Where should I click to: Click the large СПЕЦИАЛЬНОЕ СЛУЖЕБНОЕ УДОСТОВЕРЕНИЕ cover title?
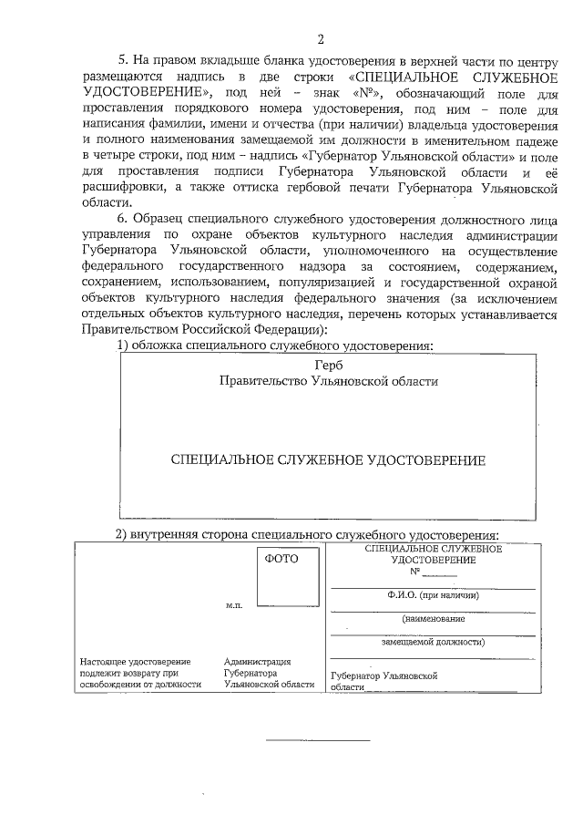tap(328, 460)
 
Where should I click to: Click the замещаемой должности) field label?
tap(432, 641)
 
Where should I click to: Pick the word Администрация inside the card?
tap(258, 661)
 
